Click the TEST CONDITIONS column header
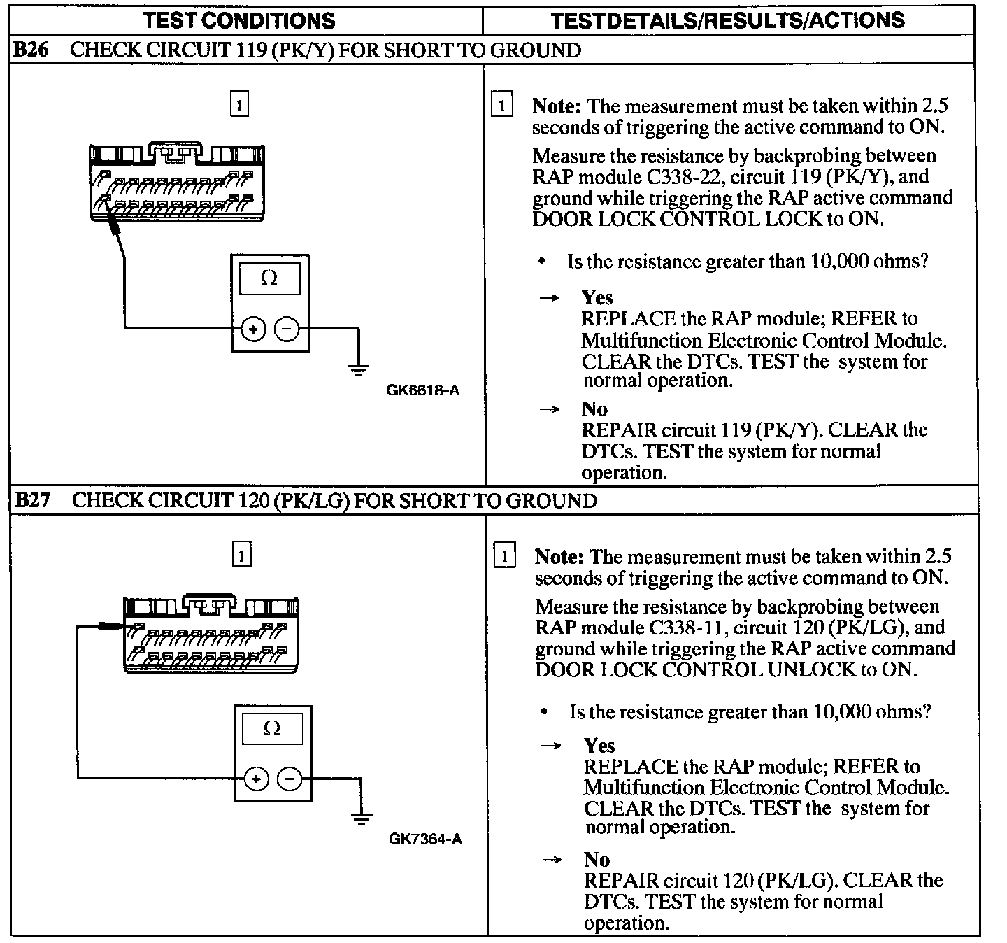tap(238, 20)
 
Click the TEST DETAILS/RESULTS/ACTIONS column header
tap(727, 20)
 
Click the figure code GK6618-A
tap(423, 390)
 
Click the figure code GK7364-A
tap(425, 839)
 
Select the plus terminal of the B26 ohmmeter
tap(254, 329)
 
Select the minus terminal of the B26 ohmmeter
tap(286, 329)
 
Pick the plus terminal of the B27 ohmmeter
tap(257, 778)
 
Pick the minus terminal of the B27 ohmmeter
tap(290, 778)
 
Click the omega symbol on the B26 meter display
tap(269, 278)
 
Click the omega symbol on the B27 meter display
tap(272, 728)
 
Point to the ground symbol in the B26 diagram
tap(359, 369)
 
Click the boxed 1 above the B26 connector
tap(239, 105)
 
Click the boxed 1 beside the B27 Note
tap(504, 557)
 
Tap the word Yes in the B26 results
tap(597, 297)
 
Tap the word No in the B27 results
tap(597, 859)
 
